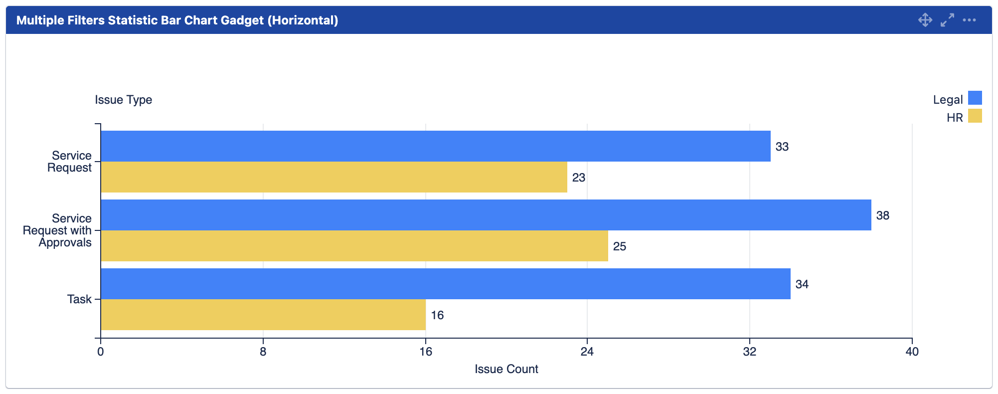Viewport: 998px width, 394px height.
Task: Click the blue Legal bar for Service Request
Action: pos(435,146)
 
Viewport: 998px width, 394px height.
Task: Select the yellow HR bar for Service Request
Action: pos(334,177)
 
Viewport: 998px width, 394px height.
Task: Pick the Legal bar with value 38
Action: pos(486,215)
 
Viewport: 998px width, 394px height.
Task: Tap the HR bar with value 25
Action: pos(354,246)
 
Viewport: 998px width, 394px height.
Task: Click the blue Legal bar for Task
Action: pos(446,284)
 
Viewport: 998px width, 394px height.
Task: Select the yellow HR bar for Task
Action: pos(263,315)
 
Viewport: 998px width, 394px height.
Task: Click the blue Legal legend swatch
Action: pos(975,98)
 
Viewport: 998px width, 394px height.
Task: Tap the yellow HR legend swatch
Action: pos(975,116)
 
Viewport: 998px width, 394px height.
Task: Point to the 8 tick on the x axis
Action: pos(263,352)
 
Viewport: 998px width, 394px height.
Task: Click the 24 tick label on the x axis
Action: pos(587,352)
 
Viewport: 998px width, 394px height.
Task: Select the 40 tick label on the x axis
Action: pos(912,352)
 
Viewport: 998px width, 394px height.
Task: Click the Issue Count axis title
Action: pos(506,369)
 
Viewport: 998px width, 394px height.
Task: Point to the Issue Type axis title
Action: pos(124,100)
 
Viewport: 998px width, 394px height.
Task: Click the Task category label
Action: pos(80,299)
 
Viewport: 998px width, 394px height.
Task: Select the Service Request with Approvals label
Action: pos(57,230)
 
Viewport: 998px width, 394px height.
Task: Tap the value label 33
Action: pos(782,147)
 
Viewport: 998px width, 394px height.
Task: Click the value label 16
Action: pos(437,315)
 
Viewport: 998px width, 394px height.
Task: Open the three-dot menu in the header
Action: pos(969,20)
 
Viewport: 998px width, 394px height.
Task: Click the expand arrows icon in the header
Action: pos(947,20)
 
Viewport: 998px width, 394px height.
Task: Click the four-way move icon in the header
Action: pos(925,20)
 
